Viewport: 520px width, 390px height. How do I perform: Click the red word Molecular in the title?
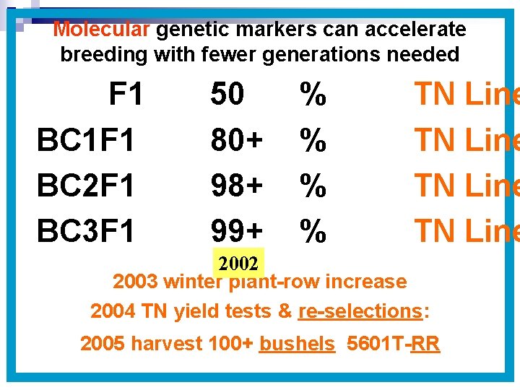(x=101, y=30)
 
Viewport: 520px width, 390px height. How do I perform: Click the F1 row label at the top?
(x=126, y=95)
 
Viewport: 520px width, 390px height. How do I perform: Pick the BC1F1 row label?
(x=86, y=140)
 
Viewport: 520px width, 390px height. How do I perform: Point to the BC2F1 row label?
(x=86, y=186)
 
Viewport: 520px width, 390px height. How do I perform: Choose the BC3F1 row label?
(x=86, y=231)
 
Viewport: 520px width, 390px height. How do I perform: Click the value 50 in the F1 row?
(x=227, y=95)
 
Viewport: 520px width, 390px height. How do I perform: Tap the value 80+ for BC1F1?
(x=236, y=140)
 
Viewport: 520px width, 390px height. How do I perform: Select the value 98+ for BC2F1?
(x=236, y=186)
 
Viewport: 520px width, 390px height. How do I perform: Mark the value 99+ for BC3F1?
(x=236, y=231)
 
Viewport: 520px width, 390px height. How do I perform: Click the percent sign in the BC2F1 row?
(x=313, y=186)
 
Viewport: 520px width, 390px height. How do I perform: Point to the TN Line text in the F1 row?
(x=466, y=95)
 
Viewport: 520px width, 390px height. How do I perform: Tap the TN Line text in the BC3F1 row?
(x=466, y=231)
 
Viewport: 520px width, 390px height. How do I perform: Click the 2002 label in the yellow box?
(x=239, y=260)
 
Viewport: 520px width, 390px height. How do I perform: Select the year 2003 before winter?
(x=136, y=282)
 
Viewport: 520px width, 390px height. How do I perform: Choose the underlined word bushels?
(x=297, y=344)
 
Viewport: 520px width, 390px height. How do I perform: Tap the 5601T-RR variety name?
(x=393, y=344)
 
